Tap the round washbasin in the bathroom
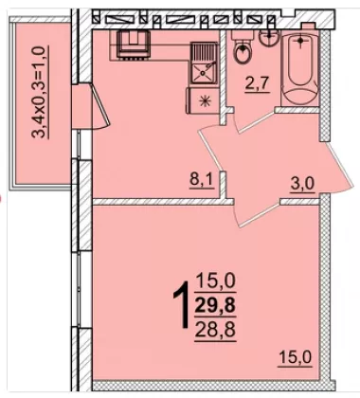coord(268,37)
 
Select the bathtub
coord(300,68)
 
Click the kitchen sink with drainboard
coord(204,63)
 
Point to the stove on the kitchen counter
coord(133,45)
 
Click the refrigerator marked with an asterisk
coord(203,100)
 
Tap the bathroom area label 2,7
coord(257,84)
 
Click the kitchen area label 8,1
coord(202,181)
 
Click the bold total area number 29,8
coord(215,306)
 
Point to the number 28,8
coord(215,331)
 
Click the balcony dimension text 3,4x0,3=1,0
coord(41,92)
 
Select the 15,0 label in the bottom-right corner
coord(295,357)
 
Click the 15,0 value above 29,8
coord(216,281)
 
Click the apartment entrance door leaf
coord(340,165)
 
